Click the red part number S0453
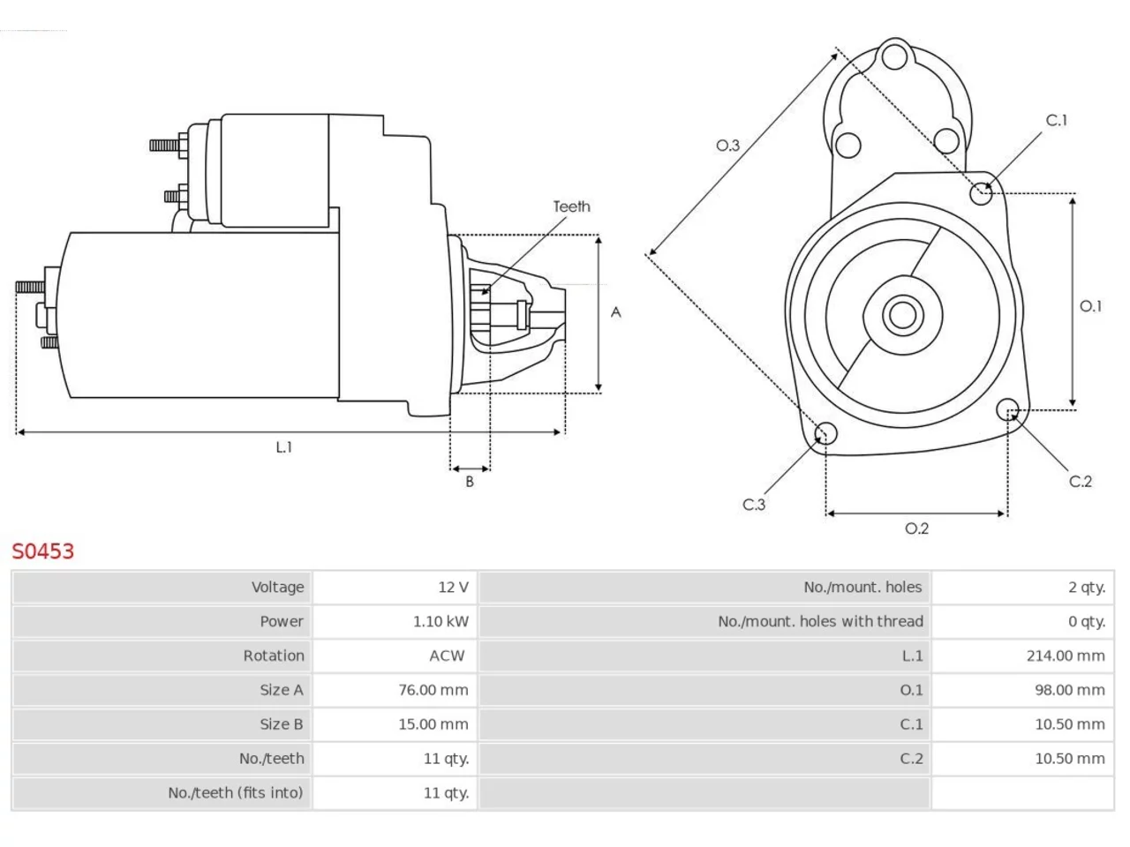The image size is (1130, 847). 42,551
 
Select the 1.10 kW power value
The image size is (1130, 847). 441,621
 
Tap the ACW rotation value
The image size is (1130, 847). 447,656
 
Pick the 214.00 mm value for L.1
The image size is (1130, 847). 1066,656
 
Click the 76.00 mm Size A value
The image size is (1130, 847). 433,690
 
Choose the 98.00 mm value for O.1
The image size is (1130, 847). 1069,690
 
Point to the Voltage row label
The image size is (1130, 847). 277,588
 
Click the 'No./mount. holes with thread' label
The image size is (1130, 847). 820,621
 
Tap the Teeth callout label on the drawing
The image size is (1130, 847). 571,206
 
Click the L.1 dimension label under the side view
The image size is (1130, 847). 283,447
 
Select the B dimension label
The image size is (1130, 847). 469,482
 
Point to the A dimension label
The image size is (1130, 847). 615,312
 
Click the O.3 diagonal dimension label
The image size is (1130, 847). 728,146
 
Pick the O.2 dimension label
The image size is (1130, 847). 916,528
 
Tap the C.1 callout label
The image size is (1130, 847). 1056,120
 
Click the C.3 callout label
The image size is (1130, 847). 754,505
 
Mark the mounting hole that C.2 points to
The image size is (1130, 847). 1007,409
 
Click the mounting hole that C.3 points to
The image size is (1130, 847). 825,433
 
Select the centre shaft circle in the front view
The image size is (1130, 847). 902,315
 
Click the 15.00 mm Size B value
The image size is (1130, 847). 433,724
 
